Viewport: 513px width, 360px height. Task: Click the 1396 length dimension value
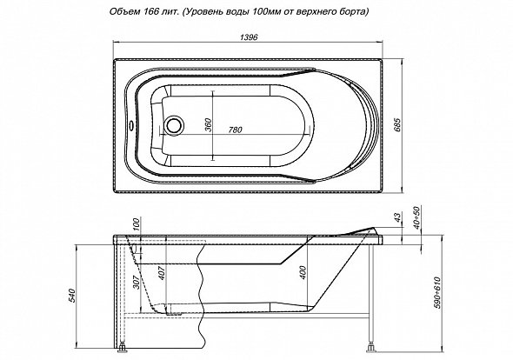point(249,37)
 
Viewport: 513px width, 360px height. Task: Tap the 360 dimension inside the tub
point(209,124)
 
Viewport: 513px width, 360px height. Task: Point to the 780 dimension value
point(235,130)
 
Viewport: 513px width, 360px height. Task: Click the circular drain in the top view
point(172,124)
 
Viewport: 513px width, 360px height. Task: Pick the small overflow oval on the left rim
point(130,124)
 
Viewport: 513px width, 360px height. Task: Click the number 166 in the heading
point(150,12)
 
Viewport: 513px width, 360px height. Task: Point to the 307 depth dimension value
point(137,282)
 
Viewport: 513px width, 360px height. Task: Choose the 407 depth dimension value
point(163,272)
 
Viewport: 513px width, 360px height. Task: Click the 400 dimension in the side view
point(303,273)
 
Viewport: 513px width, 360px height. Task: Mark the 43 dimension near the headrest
point(396,217)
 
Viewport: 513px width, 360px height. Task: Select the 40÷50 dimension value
point(416,217)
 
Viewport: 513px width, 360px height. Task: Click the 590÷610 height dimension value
point(437,292)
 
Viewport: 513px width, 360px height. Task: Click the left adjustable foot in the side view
point(123,348)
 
